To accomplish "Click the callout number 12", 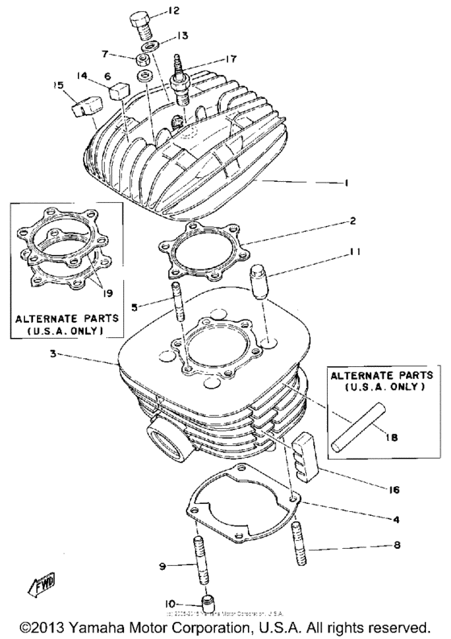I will click(174, 10).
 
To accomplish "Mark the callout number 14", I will click(81, 75).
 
